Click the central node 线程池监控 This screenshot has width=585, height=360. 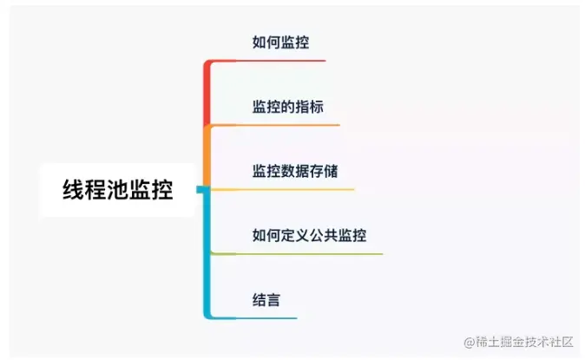coord(118,190)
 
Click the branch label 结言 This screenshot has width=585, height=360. coord(266,299)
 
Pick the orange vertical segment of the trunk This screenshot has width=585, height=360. coord(207,156)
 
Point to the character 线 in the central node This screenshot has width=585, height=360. coord(73,190)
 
